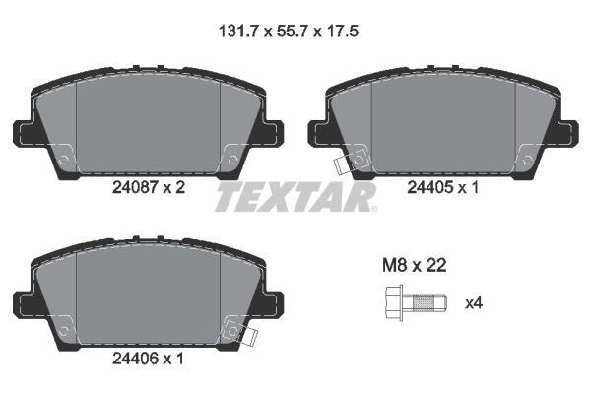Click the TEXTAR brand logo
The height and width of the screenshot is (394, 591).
coord(295,197)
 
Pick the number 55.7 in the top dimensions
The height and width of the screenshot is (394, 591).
coord(293,32)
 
